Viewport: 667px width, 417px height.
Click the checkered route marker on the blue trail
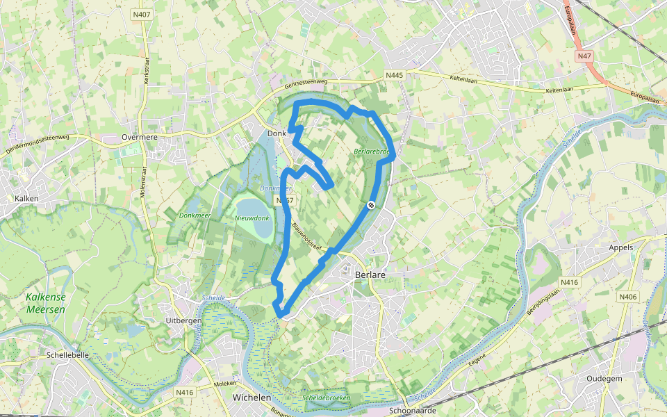[372, 204]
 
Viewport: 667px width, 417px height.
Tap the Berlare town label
[370, 275]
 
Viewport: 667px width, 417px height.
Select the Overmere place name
[139, 137]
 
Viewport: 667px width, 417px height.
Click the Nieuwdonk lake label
[252, 218]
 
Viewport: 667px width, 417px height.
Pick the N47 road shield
[584, 55]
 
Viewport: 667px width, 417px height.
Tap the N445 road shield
[395, 74]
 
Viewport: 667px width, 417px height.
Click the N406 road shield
[628, 297]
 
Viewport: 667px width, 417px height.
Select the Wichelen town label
[252, 398]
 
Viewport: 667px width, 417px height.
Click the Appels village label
[621, 247]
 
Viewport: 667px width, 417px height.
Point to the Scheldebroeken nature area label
[327, 398]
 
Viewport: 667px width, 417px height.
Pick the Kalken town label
[26, 198]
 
